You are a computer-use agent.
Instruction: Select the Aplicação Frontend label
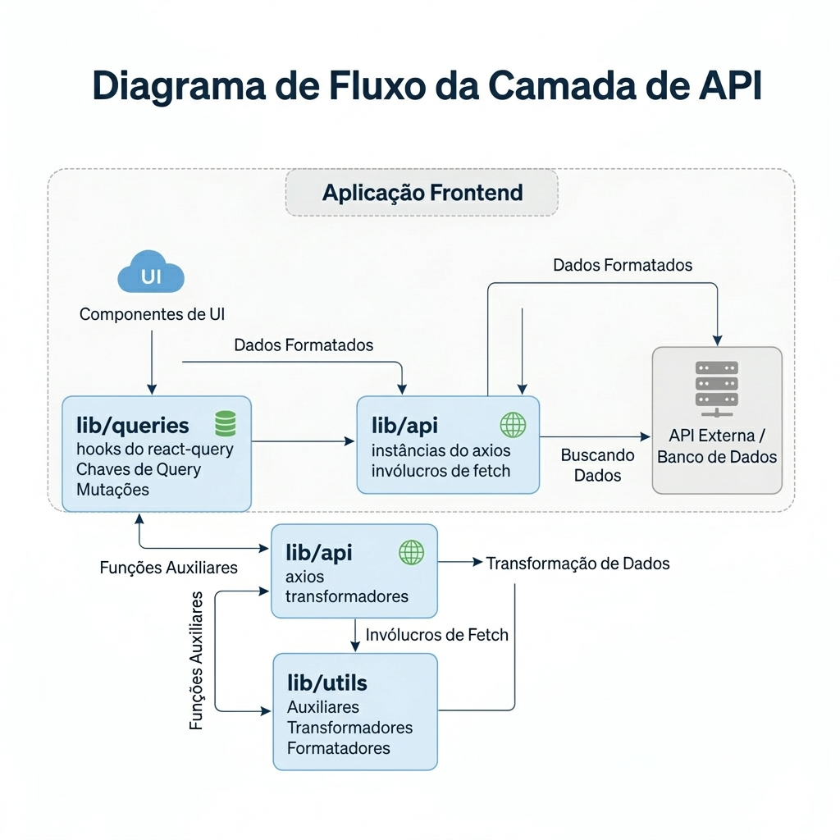(x=422, y=193)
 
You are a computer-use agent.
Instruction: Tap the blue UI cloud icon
(x=151, y=275)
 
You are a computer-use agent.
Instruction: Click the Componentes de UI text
(x=153, y=314)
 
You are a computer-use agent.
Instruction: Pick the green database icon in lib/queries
(x=225, y=423)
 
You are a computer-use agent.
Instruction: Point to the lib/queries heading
(x=133, y=425)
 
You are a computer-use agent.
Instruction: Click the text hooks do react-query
(x=155, y=449)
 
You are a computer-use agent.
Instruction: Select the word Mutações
(x=113, y=490)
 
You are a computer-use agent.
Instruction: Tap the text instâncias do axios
(x=441, y=450)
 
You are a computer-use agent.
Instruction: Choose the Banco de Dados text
(x=716, y=457)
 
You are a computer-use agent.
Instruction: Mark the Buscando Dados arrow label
(x=597, y=465)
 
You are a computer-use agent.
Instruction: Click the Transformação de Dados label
(x=577, y=564)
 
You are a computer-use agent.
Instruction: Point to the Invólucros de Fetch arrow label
(x=436, y=634)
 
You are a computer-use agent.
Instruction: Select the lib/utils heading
(x=326, y=682)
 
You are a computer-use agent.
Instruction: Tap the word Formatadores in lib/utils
(x=338, y=747)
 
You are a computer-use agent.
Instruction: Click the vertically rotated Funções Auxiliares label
(x=197, y=660)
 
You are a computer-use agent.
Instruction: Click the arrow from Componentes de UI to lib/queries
(x=151, y=361)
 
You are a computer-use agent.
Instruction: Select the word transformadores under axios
(x=346, y=596)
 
